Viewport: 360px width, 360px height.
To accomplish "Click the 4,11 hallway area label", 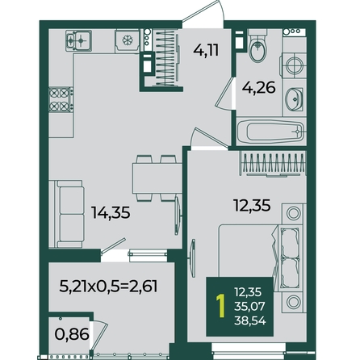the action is [x=206, y=50].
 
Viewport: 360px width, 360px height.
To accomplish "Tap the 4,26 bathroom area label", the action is [x=258, y=87].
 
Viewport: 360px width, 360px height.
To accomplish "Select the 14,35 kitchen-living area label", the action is [x=111, y=212].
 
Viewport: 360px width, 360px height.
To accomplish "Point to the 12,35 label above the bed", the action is [x=252, y=206].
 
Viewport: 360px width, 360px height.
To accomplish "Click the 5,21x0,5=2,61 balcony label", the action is [x=108, y=286].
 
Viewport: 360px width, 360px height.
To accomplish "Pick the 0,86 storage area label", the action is [x=72, y=335].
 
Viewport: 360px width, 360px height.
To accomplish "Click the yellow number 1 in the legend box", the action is [x=221, y=306].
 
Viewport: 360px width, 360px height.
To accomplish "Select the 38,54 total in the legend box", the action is [x=250, y=320].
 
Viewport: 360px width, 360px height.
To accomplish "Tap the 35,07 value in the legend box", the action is [x=250, y=306].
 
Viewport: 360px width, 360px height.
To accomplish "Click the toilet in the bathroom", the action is [x=257, y=45].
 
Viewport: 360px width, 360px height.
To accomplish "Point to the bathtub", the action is [x=270, y=132].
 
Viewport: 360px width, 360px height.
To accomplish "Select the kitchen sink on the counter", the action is [x=78, y=40].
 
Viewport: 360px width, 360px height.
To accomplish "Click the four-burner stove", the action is [x=61, y=99].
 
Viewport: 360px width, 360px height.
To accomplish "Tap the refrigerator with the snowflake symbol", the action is [x=128, y=41].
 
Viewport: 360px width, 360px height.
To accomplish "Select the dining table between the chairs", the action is [x=157, y=178].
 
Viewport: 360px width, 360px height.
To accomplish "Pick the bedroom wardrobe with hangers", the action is [x=273, y=164].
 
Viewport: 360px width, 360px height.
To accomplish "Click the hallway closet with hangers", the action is [x=165, y=58].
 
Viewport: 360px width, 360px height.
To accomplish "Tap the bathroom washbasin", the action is [x=294, y=99].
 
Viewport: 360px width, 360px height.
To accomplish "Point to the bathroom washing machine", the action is [x=294, y=65].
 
